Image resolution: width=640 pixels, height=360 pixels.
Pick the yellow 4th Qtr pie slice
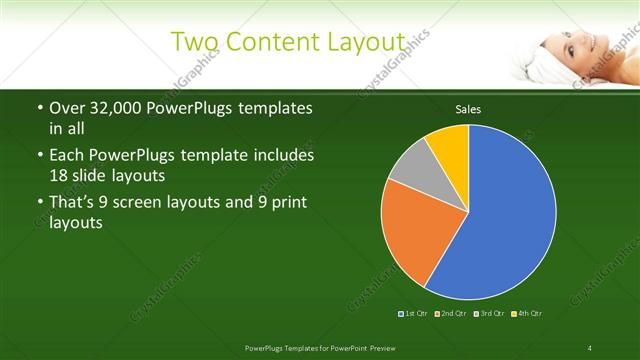tap(450, 144)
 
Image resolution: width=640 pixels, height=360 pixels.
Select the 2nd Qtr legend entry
tap(452, 314)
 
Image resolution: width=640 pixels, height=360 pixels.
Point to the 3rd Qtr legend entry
tap(490, 314)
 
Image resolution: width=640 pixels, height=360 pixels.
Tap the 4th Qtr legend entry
tap(528, 314)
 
